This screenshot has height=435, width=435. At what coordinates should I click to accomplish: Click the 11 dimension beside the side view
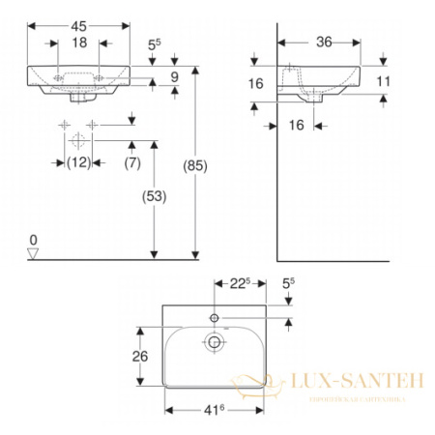coord(383,82)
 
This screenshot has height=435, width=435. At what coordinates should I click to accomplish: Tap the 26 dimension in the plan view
coord(141,356)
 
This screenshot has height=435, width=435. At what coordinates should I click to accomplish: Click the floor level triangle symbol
coord(32,253)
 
